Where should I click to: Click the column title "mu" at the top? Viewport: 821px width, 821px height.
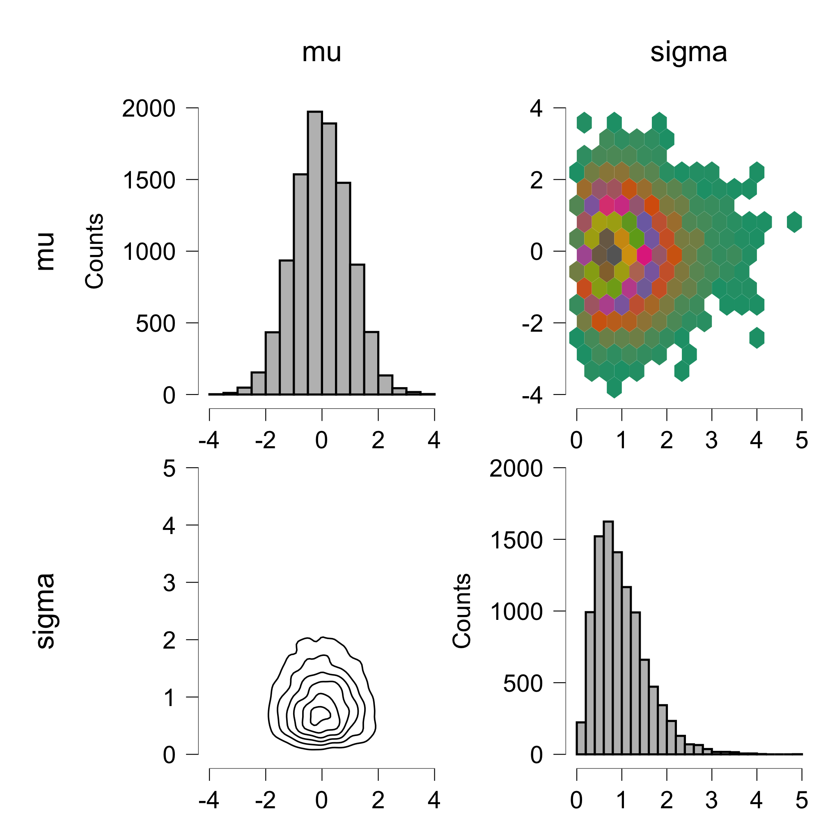pos(321,53)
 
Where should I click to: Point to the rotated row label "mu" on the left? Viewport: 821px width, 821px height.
pos(45,251)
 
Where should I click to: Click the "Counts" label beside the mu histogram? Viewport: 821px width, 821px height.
pos(94,251)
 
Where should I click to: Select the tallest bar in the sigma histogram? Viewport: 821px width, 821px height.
pos(608,638)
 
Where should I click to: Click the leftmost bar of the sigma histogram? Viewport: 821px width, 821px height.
pos(581,738)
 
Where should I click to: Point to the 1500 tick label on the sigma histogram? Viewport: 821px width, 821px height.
pos(516,541)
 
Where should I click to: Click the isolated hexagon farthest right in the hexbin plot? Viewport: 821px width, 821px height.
pos(794,222)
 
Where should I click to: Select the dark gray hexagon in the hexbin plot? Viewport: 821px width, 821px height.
pos(614,255)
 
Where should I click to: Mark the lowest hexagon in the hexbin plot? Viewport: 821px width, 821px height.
pos(614,387)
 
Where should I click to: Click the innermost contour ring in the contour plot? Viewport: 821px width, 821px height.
pos(319,714)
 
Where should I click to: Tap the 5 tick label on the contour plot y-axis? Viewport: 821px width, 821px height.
pos(169,468)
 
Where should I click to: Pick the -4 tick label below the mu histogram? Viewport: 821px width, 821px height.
pos(209,440)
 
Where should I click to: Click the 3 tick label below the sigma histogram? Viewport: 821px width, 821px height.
pos(711,800)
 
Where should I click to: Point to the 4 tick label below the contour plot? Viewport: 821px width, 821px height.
pos(434,800)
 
